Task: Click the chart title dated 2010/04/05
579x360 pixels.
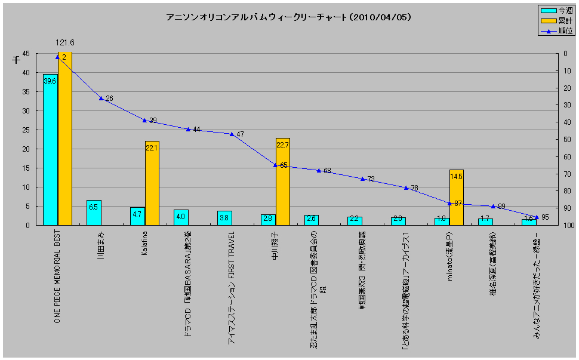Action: coord(289,18)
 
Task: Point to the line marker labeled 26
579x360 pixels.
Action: coord(101,98)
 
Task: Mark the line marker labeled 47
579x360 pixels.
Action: coord(232,134)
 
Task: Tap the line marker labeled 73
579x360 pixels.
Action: coord(362,179)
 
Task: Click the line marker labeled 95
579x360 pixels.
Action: coord(536,217)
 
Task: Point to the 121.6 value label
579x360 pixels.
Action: coord(65,43)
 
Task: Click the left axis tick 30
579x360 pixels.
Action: coord(25,111)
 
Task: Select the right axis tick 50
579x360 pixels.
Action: coord(565,140)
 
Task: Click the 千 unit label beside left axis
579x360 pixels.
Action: coord(16,60)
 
